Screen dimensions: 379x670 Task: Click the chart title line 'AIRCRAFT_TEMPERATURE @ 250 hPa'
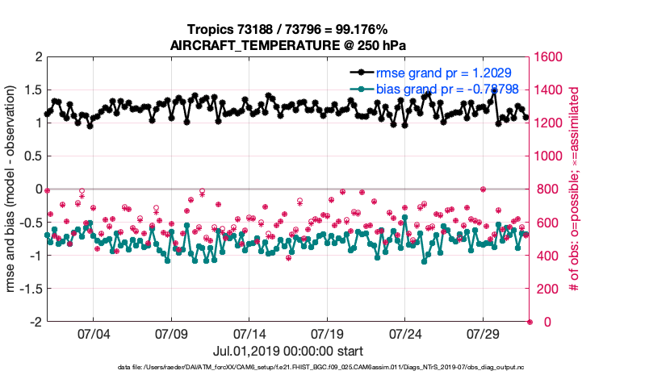(x=287, y=46)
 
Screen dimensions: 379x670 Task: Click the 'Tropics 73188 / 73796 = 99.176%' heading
(x=287, y=30)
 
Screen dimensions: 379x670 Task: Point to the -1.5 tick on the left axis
(x=30, y=289)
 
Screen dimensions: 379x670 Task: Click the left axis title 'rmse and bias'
(x=13, y=189)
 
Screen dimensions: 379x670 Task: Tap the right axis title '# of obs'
(x=575, y=189)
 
